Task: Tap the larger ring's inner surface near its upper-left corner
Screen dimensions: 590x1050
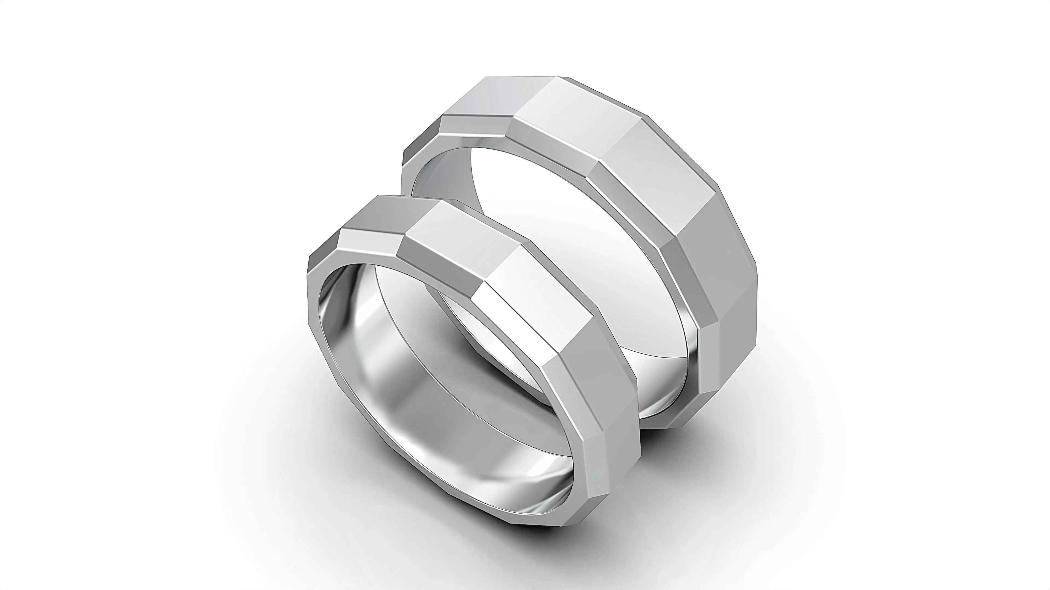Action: [x=440, y=171]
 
